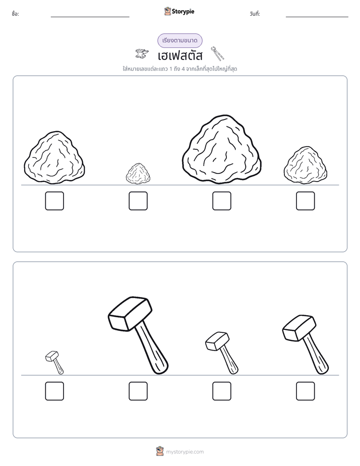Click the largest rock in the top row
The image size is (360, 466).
pyautogui.click(x=222, y=149)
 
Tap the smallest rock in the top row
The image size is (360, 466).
pyautogui.click(x=138, y=173)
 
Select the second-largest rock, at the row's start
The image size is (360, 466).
pyautogui.click(x=54, y=157)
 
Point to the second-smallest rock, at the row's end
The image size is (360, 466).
pyautogui.click(x=306, y=165)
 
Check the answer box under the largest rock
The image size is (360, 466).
pyautogui.click(x=222, y=201)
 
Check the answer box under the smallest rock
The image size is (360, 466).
pyautogui.click(x=138, y=201)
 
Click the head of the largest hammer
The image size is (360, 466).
pyautogui.click(x=130, y=313)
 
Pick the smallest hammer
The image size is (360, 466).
pyautogui.click(x=54, y=363)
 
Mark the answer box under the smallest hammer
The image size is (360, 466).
pyautogui.click(x=54, y=391)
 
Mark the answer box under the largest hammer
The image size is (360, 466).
pyautogui.click(x=138, y=391)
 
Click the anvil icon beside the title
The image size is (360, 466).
pyautogui.click(x=142, y=53)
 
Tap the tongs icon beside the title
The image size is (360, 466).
pyautogui.click(x=217, y=53)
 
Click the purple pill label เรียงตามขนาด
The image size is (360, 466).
pyautogui.click(x=180, y=40)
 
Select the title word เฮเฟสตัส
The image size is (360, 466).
pyautogui.click(x=180, y=55)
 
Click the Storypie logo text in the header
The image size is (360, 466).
pyautogui.click(x=183, y=12)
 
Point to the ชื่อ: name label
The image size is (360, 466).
pyautogui.click(x=16, y=14)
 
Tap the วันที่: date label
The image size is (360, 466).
pyautogui.click(x=255, y=14)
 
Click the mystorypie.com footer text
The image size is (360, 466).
pyautogui.click(x=185, y=452)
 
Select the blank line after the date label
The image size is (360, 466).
pyautogui.click(x=317, y=17)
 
